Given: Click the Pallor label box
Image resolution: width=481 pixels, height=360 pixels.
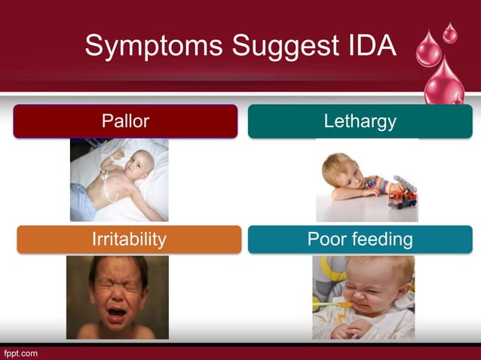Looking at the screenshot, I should [x=125, y=121].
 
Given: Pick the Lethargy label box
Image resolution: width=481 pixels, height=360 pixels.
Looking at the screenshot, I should [x=360, y=121].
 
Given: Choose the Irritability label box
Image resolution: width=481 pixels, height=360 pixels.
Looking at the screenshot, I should [x=129, y=239].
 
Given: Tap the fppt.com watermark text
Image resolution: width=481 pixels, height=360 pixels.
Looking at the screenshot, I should [x=20, y=352].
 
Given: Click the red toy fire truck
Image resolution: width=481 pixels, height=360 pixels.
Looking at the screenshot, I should [x=402, y=193].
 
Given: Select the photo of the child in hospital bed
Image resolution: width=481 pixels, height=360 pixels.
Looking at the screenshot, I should [x=119, y=179].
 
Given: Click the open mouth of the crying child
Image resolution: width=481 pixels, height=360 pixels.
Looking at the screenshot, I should [x=118, y=311].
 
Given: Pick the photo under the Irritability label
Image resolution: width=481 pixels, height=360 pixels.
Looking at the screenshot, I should [x=118, y=297].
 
